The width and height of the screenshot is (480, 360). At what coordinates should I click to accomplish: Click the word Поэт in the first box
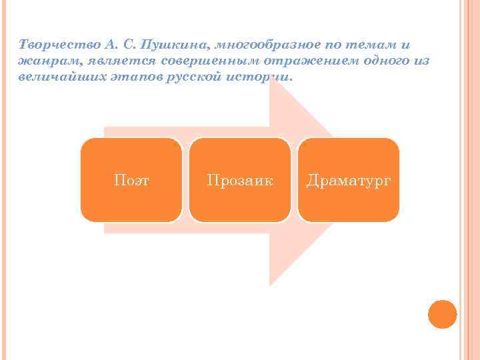tap(131, 180)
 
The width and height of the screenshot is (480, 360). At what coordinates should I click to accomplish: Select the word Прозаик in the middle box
tap(240, 180)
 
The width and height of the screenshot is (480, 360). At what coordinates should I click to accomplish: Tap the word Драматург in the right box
tap(348, 180)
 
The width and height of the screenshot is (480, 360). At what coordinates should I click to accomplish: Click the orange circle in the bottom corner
tap(442, 314)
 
